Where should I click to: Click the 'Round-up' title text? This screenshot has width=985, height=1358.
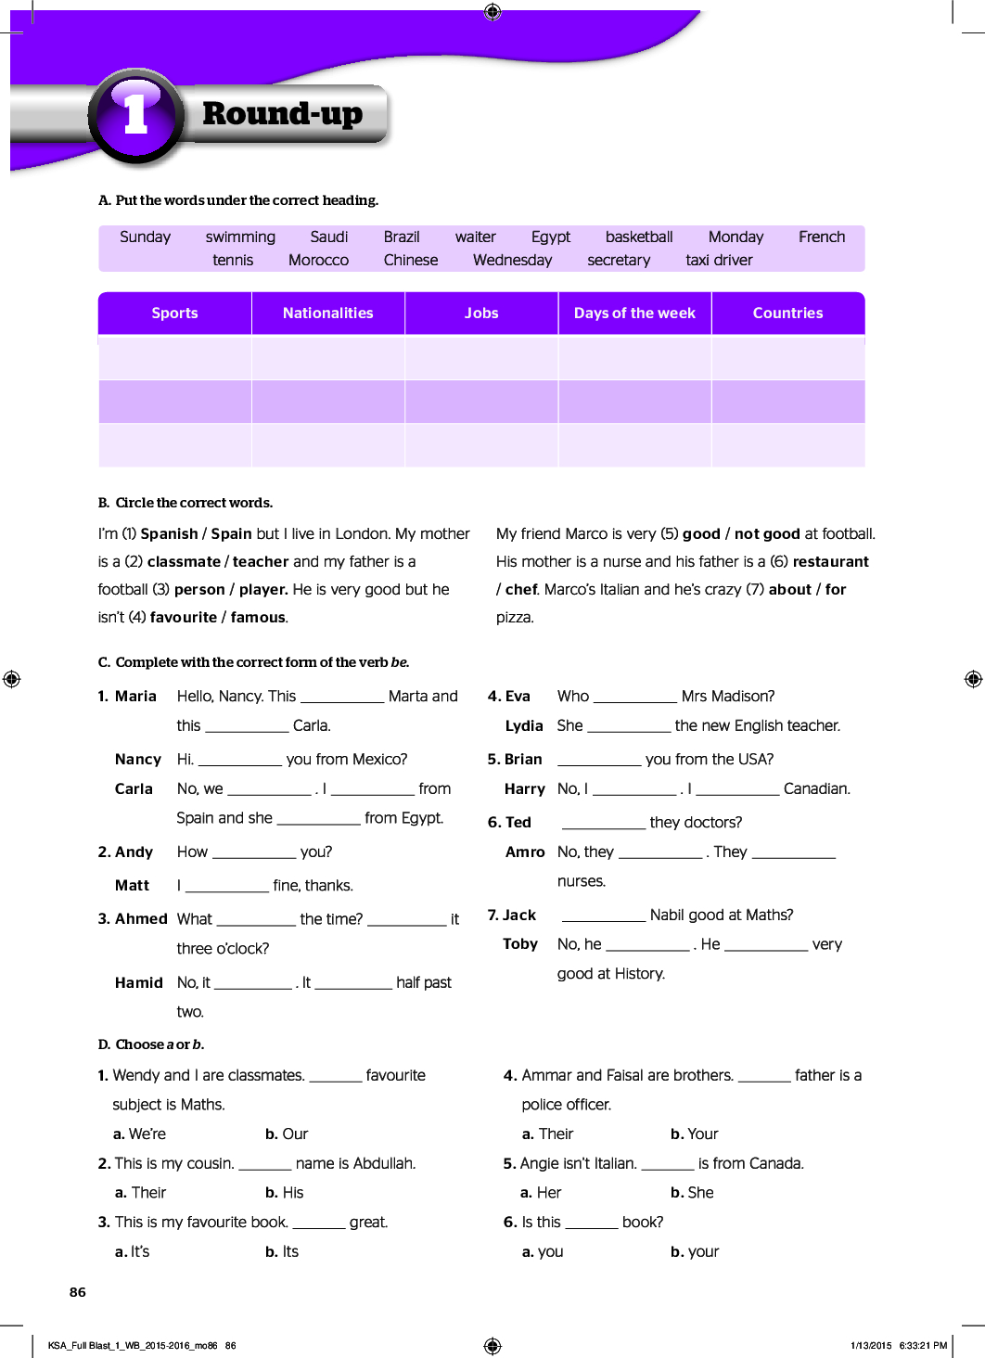point(282,114)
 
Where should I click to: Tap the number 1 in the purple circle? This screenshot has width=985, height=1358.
point(136,115)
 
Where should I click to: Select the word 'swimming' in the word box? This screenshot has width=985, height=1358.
point(240,237)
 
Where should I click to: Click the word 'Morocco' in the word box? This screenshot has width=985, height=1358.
point(318,261)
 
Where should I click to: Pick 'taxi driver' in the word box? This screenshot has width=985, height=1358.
point(719,261)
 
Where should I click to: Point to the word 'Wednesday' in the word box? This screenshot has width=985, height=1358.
point(512,261)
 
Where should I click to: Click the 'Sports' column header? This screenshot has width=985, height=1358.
point(174,314)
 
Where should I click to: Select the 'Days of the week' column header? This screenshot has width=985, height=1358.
point(634,314)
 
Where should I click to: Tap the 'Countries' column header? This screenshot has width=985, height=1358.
point(787,314)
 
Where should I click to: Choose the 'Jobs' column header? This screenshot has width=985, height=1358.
point(481,314)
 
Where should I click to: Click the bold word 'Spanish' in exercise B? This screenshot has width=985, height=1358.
point(169,534)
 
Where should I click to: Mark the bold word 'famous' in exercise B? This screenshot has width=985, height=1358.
point(258,618)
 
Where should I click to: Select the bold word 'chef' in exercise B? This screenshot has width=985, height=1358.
point(521,590)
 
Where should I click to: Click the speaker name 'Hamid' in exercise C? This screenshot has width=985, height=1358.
point(139,983)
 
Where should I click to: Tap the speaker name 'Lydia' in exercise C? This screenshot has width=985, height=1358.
point(524,726)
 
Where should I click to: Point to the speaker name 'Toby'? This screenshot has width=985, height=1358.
point(520,944)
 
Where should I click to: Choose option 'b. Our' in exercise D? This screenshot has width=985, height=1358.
point(287,1134)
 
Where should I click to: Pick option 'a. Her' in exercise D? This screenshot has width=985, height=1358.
point(541,1193)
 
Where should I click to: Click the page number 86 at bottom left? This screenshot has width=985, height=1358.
point(78,1292)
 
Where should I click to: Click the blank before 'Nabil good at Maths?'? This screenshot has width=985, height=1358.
point(603,916)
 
